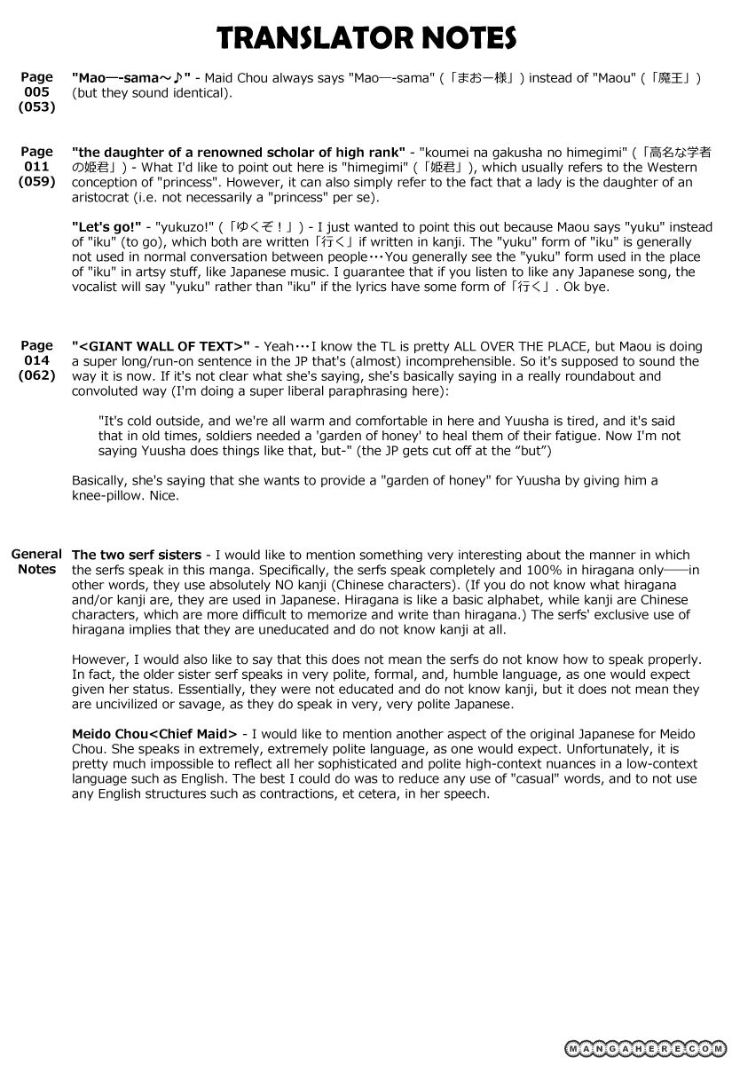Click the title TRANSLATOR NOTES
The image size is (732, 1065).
pyautogui.click(x=366, y=37)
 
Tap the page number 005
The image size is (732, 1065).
pyautogui.click(x=36, y=92)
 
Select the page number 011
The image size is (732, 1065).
pyautogui.click(x=36, y=166)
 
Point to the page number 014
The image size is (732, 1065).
pyautogui.click(x=36, y=360)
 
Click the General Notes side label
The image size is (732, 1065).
pyautogui.click(x=36, y=562)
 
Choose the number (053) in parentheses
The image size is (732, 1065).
pyautogui.click(x=36, y=107)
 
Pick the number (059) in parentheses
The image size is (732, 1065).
pyautogui.click(x=36, y=181)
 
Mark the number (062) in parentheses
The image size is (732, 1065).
pyautogui.click(x=36, y=375)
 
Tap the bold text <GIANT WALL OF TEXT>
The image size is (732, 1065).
pyautogui.click(x=161, y=346)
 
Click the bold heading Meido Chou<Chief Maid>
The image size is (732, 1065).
pyautogui.click(x=154, y=734)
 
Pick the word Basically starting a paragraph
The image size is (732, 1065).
pyautogui.click(x=100, y=481)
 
